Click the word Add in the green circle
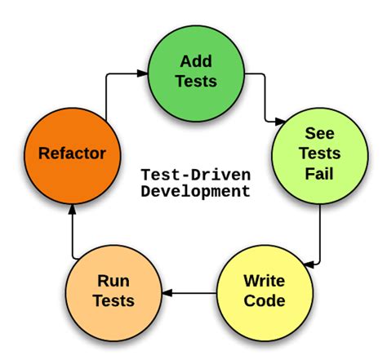[196, 61]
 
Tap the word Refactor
[72, 153]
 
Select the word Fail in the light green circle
[319, 174]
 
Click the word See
[319, 133]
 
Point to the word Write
[265, 281]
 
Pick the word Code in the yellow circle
[265, 300]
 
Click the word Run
[113, 281]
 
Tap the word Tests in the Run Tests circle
[113, 301]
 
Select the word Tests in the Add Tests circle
[196, 81]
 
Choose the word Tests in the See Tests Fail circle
[320, 153]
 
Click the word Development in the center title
[196, 191]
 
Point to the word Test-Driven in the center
[196, 175]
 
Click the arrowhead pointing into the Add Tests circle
[142, 73]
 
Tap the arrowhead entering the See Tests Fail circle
[280, 122]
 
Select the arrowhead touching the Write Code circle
[309, 264]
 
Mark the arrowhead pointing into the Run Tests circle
[167, 293]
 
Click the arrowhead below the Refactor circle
[73, 209]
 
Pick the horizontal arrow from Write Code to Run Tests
[189, 293]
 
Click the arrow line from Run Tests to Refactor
[73, 231]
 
